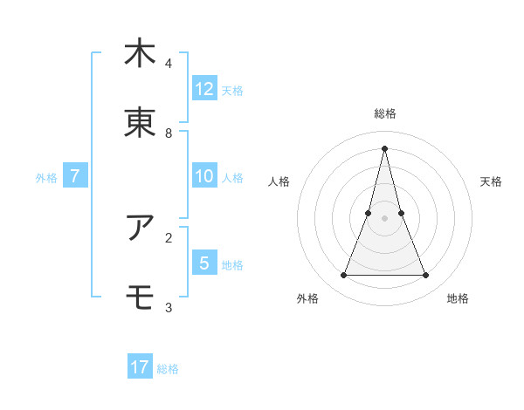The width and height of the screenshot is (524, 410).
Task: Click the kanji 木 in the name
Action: [x=140, y=53]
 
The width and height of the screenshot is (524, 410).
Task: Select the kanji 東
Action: [x=140, y=123]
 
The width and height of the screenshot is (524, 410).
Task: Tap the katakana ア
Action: [x=140, y=228]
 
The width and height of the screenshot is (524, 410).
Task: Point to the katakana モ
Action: [x=140, y=297]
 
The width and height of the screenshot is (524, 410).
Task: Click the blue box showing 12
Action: [x=204, y=89]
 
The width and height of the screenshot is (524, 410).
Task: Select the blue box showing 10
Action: [x=204, y=176]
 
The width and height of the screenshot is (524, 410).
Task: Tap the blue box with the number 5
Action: [x=204, y=263]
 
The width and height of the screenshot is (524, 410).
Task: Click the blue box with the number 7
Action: [x=75, y=176]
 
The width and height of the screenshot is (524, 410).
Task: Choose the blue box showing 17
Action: [x=140, y=367]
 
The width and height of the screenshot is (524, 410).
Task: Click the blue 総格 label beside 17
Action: [x=168, y=369]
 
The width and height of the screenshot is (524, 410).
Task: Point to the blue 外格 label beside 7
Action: [x=46, y=178]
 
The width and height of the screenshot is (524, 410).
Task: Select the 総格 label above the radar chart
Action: [x=385, y=113]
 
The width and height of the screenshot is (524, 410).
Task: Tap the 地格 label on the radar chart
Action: [x=458, y=298]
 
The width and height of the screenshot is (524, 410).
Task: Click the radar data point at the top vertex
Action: [x=385, y=148]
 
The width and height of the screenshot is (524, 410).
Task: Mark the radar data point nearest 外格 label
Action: [x=343, y=276]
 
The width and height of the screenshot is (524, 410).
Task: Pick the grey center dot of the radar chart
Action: [x=385, y=218]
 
